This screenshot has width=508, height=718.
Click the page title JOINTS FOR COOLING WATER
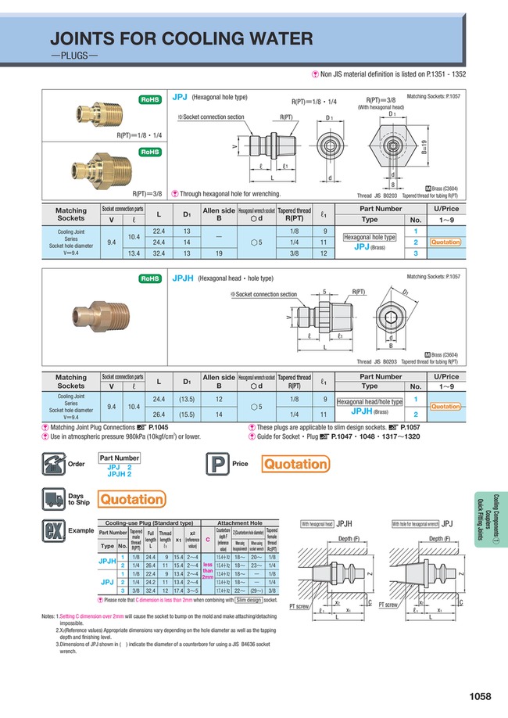coord(181,39)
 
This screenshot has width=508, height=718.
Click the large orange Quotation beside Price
coord(295,465)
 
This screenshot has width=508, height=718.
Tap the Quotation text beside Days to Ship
coord(131,498)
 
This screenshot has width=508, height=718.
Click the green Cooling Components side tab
coord(490,524)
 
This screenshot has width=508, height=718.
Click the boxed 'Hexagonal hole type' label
coord(370,235)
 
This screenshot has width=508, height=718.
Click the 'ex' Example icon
coord(55,531)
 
